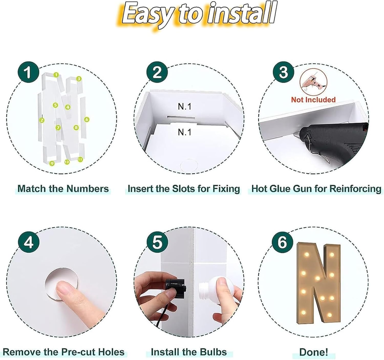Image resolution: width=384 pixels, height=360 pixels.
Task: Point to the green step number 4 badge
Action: [x=29, y=242]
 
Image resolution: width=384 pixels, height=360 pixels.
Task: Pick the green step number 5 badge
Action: [x=157, y=242]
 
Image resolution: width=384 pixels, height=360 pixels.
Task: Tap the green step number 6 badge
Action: [x=282, y=242]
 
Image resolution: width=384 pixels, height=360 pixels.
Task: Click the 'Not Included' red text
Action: [x=313, y=100]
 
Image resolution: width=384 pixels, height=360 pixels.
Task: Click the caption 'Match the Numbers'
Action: [x=63, y=189]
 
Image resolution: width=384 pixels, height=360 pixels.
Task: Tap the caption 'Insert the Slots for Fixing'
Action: [x=184, y=189]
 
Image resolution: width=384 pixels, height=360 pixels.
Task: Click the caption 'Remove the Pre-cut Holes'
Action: [x=63, y=352]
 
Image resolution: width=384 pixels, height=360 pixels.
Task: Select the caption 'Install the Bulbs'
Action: [x=189, y=352]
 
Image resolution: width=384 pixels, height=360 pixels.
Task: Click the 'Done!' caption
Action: [x=314, y=352]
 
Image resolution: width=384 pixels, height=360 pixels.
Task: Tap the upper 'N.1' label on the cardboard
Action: [x=185, y=107]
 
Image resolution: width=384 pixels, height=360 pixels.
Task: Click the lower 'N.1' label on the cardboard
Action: [x=185, y=132]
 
